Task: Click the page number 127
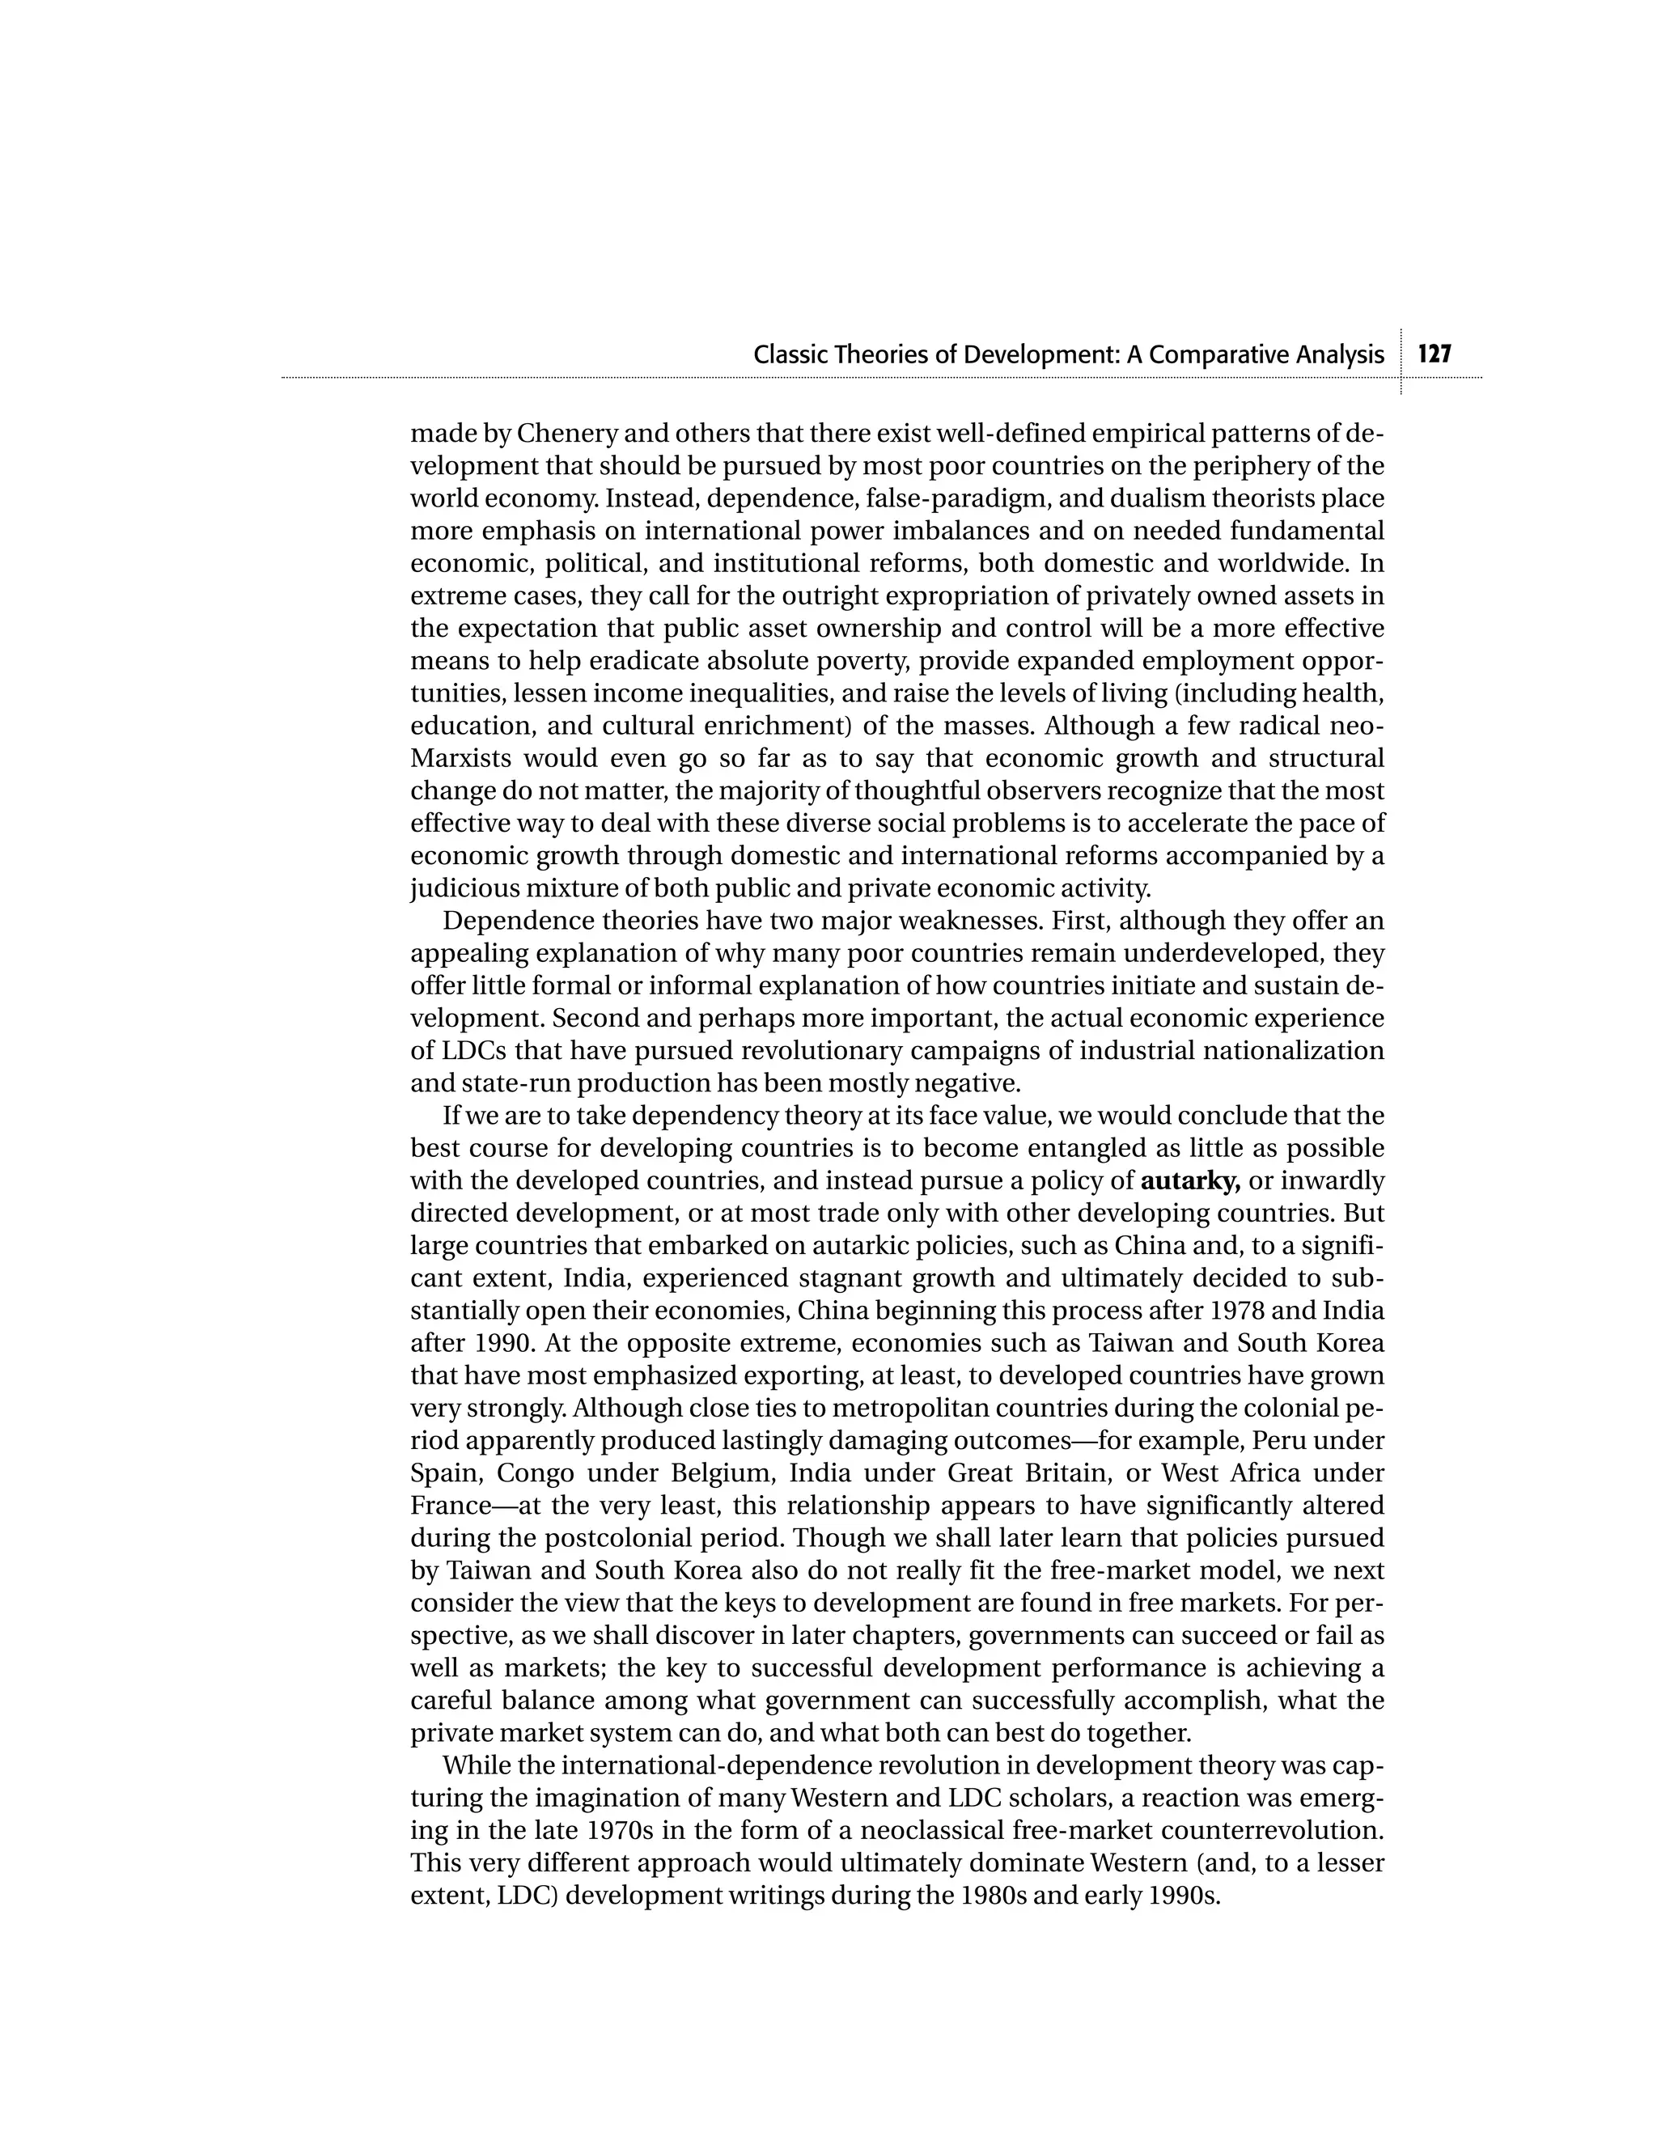click(x=1435, y=354)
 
